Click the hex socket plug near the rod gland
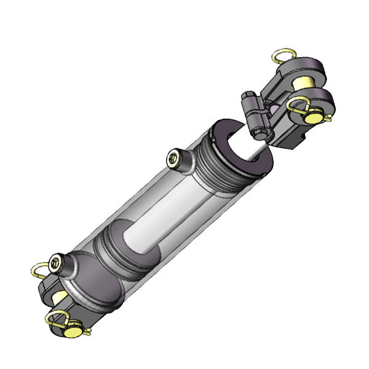click(x=175, y=159)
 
